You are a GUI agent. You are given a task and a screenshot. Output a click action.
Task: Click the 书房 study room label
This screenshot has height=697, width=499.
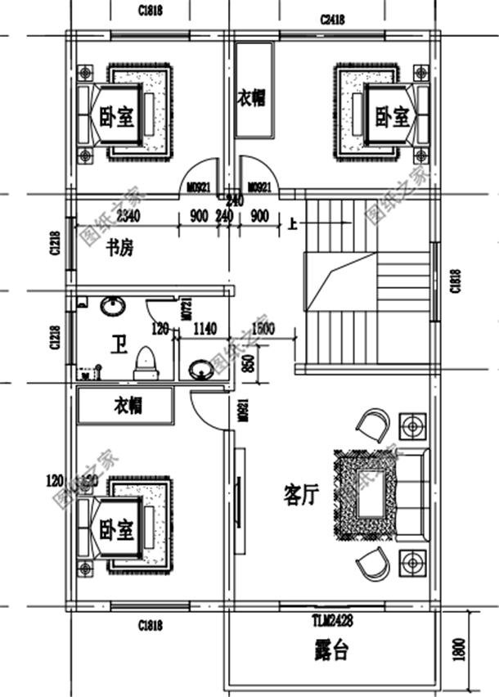tap(119, 250)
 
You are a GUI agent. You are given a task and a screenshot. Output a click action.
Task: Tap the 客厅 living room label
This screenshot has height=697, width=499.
tap(301, 494)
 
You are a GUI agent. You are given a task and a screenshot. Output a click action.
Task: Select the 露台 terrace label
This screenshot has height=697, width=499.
tap(331, 651)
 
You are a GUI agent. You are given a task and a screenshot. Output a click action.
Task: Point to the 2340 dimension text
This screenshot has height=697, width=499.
tap(128, 217)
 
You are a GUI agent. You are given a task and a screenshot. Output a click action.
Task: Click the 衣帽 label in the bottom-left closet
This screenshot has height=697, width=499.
tap(128, 406)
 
